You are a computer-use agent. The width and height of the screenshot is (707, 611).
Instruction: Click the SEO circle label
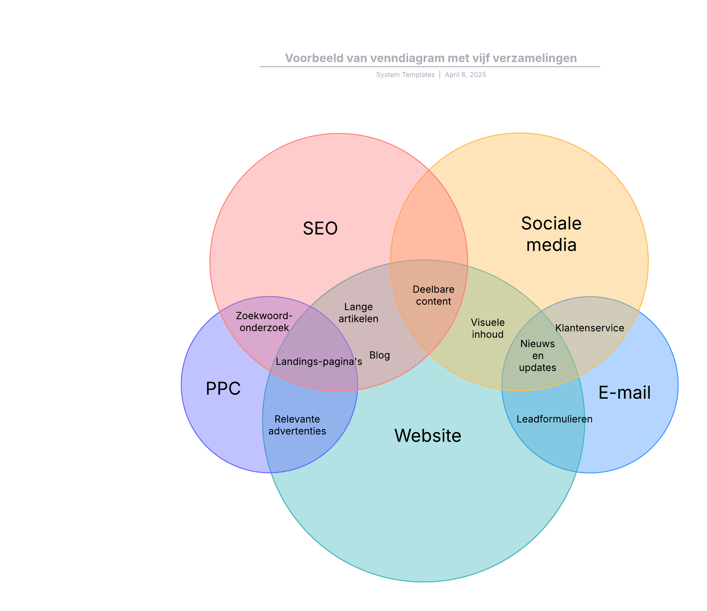coord(320,228)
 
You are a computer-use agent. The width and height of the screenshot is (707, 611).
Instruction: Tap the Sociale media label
coord(551,234)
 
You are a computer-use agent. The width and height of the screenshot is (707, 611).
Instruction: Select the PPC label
coord(223,389)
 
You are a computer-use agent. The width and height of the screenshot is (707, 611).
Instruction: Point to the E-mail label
coord(625,393)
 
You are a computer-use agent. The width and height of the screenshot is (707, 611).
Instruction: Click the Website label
coord(427,436)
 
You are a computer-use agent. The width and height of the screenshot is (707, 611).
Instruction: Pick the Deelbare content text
coord(433,295)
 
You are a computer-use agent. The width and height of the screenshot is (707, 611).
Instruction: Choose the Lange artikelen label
coord(358,313)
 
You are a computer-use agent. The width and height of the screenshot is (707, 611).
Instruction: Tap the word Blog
coord(379,355)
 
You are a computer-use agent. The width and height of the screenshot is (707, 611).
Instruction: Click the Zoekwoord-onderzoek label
coord(264,322)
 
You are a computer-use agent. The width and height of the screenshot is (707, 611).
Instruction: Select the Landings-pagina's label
coord(319,362)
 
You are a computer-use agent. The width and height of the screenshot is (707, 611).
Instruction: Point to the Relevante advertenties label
coord(297,425)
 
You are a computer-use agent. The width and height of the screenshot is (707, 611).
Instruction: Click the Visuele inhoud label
coord(488,328)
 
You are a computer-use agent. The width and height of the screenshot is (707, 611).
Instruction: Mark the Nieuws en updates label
coord(537,355)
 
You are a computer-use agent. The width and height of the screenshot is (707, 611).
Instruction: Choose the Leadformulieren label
coord(554,419)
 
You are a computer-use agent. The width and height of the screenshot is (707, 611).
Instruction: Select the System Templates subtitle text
coord(405,75)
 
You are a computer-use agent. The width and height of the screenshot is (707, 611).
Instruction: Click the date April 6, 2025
coord(465,75)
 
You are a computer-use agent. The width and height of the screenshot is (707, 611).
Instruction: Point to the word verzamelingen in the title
coord(535,58)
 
